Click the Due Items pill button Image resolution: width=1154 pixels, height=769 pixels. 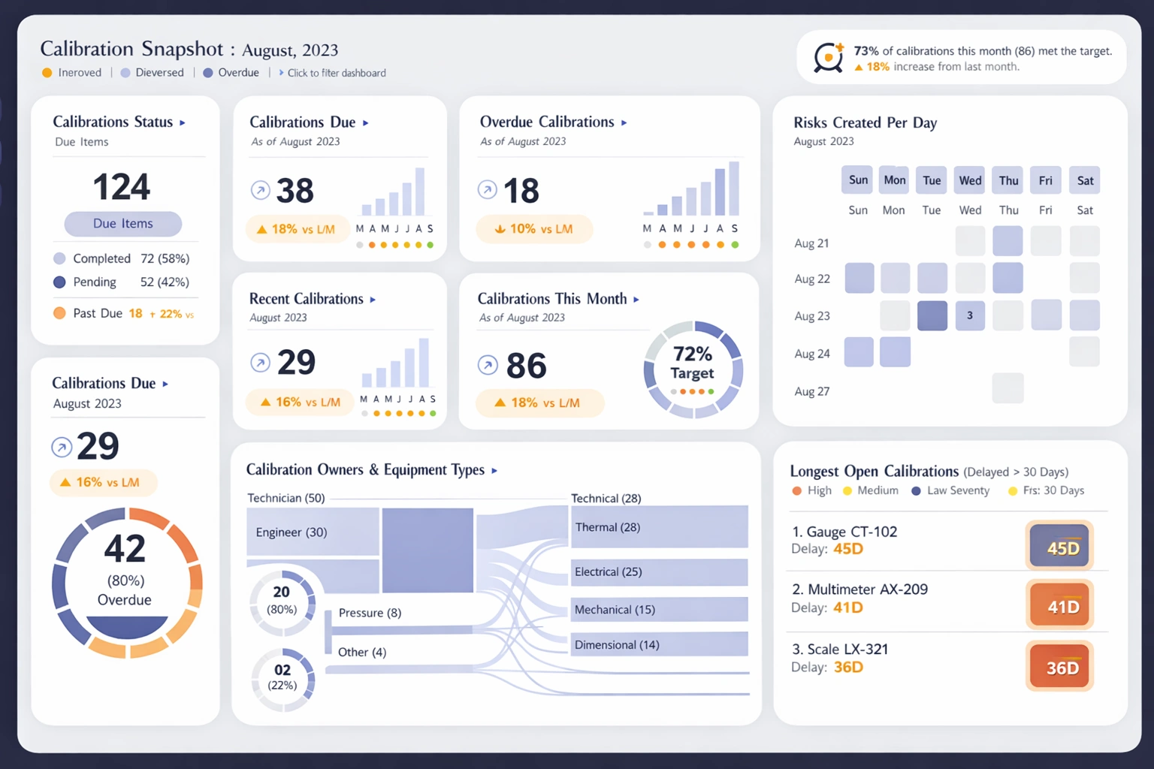pos(122,224)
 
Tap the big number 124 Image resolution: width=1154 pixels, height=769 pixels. pos(122,187)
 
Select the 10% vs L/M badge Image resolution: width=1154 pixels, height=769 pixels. pos(534,229)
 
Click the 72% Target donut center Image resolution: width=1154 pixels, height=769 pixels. pos(693,364)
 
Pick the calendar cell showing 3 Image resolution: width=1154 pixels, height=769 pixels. pos(970,315)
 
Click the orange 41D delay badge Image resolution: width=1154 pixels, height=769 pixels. pos(1059,606)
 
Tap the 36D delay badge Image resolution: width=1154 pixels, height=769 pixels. pos(1059,667)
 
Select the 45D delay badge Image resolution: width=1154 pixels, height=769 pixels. pos(1059,547)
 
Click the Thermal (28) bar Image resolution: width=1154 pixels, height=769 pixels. pos(659,527)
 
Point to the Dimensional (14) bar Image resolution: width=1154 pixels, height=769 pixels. pos(659,644)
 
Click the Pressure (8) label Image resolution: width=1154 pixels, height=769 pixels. pos(370,613)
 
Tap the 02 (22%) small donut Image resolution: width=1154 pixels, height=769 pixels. pos(282,678)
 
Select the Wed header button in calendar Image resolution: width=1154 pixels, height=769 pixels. pos(970,180)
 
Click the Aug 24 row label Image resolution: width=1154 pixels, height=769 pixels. pos(812,354)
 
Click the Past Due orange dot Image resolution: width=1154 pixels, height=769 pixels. pos(59,313)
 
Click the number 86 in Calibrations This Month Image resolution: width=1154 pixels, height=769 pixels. pos(526,366)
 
